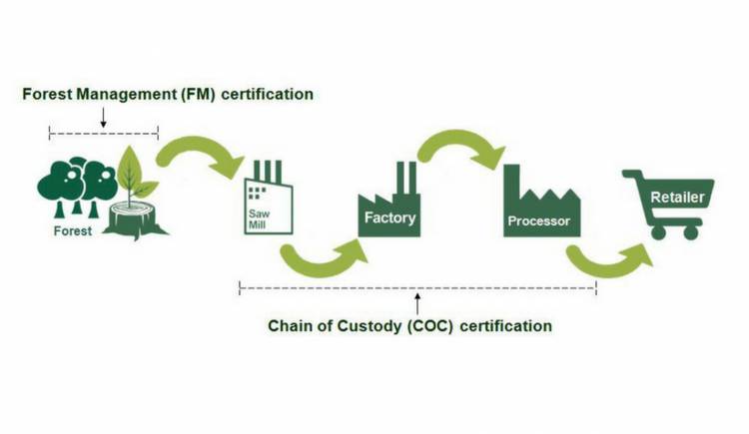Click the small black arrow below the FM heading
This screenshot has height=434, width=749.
pos(103,117)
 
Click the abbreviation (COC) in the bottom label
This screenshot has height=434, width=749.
pos(449,326)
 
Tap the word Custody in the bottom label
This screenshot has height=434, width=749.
pos(380,326)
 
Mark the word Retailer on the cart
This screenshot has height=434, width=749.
pos(677,198)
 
